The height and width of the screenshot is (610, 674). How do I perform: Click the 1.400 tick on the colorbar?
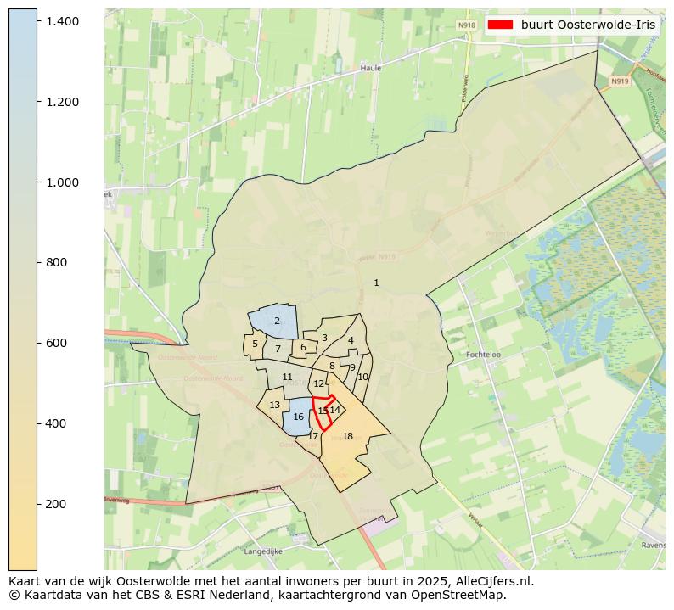[38, 20]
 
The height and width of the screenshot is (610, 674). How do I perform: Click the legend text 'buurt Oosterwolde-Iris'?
[588, 25]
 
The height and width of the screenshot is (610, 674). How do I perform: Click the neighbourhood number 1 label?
[376, 283]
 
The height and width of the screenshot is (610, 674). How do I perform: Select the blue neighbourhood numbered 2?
[277, 321]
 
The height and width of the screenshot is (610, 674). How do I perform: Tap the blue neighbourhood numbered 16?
[298, 417]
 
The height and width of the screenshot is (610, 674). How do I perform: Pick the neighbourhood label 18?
[347, 436]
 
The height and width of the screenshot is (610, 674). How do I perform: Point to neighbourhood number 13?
[274, 405]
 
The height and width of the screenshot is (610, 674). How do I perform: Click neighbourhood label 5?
[255, 344]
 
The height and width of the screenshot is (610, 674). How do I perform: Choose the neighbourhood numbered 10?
[362, 377]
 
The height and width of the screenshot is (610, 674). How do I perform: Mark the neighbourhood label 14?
[335, 410]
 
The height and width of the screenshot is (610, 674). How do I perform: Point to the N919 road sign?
[619, 81]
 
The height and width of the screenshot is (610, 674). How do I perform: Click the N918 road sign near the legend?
[466, 25]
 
